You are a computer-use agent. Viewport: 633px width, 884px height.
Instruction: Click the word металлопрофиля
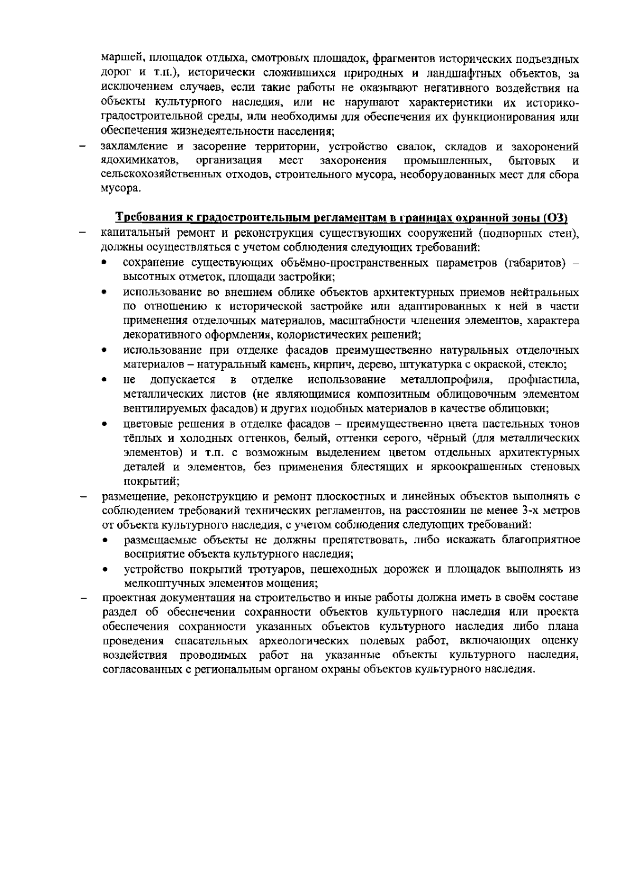446,380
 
